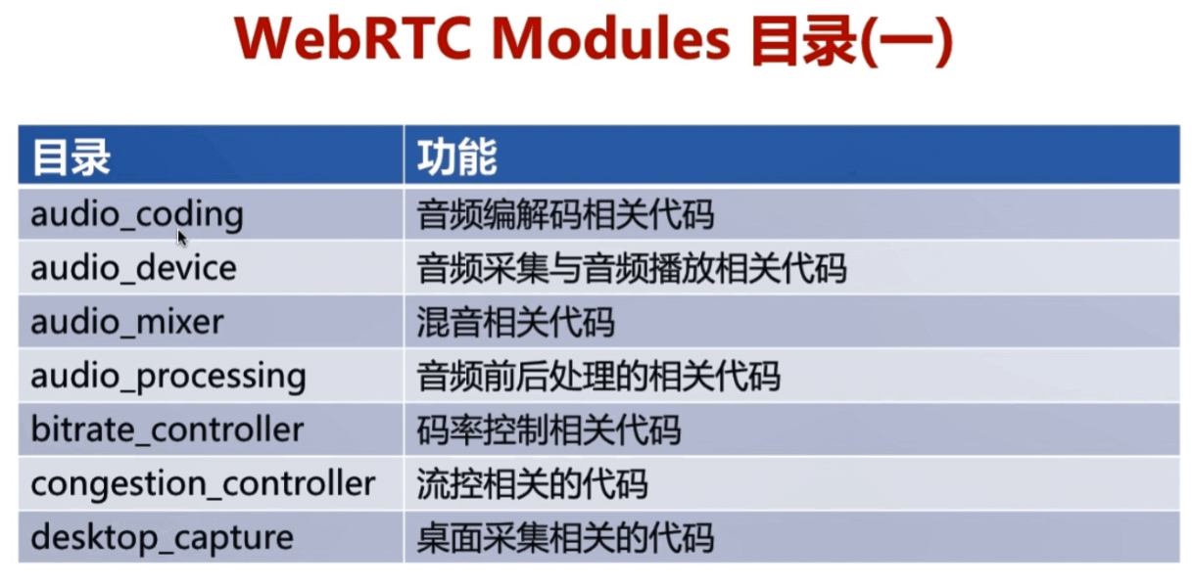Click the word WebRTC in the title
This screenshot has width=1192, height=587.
[354, 39]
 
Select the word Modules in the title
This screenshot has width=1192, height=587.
[611, 39]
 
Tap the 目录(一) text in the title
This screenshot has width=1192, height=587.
[851, 41]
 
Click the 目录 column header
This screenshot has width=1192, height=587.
[71, 157]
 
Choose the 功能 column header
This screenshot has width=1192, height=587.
[457, 157]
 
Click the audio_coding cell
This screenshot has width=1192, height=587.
[137, 215]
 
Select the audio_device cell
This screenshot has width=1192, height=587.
[133, 267]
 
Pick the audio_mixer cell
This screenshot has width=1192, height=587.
[127, 322]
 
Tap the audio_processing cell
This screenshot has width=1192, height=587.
[168, 377]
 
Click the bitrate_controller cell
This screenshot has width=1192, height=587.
[167, 429]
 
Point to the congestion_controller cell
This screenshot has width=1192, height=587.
[204, 484]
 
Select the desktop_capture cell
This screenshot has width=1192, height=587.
[163, 538]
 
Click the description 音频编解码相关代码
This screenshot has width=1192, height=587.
[565, 214]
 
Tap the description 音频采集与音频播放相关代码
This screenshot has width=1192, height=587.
[632, 268]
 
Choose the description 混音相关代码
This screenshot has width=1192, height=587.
[515, 322]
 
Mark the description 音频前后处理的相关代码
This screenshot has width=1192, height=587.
[598, 376]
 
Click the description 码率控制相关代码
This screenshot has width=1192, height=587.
[548, 429]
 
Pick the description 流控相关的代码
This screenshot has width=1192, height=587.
[532, 484]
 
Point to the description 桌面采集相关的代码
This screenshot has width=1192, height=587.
[565, 538]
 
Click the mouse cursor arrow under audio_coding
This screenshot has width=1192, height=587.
[182, 238]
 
